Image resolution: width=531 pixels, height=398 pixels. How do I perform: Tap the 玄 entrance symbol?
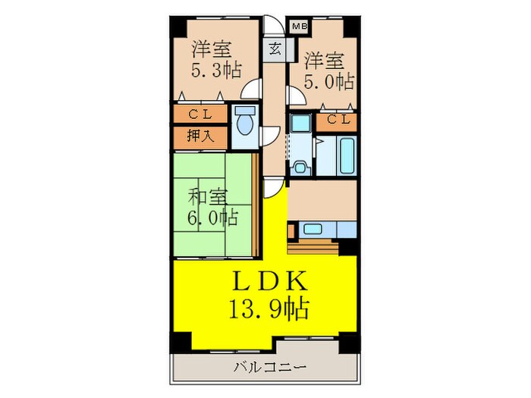click(274, 49)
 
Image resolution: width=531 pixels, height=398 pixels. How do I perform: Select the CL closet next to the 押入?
click(200, 115)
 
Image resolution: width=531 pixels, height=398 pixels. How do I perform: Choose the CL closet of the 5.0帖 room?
click(339, 120)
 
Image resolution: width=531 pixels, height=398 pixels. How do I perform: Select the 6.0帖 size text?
click(213, 219)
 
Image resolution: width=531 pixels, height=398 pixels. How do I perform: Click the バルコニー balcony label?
click(269, 368)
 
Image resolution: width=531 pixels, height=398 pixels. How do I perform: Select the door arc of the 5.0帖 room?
click(292, 97)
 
